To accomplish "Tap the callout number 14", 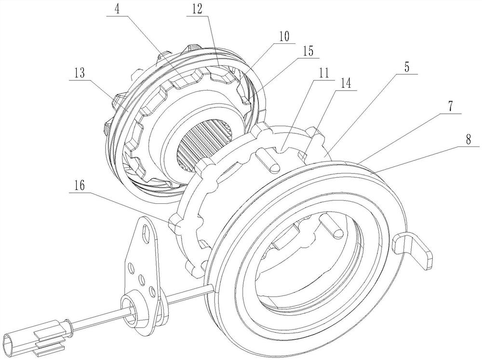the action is [346, 84].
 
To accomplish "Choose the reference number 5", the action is [406, 68].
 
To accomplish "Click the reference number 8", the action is [468, 140].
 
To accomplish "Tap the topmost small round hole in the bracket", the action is [131, 267].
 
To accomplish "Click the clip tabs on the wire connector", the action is [51, 339].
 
